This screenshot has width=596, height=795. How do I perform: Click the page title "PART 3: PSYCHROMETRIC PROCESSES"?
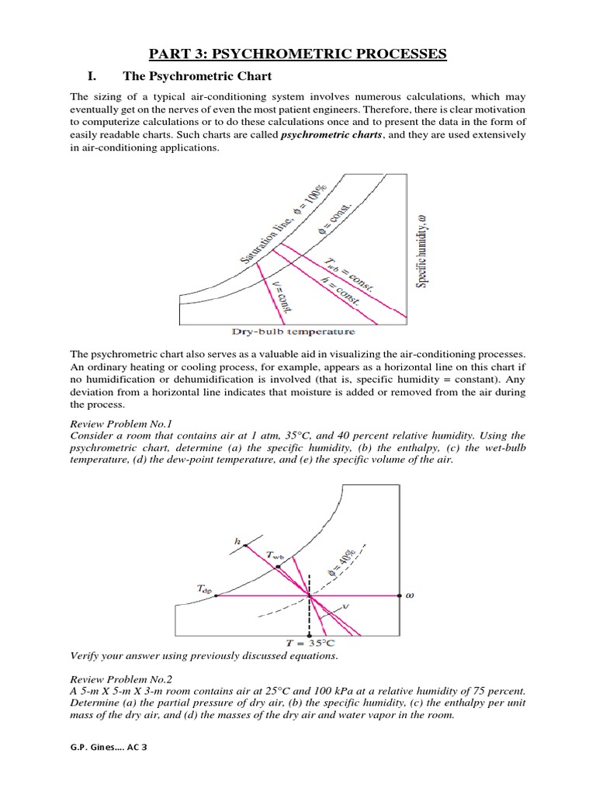[298, 54]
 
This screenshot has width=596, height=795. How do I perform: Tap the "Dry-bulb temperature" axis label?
[287, 332]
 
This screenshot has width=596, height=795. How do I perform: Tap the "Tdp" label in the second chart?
[204, 589]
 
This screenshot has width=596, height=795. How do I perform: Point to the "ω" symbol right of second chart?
[410, 596]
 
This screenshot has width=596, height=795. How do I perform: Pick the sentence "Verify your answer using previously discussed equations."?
[204, 655]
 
